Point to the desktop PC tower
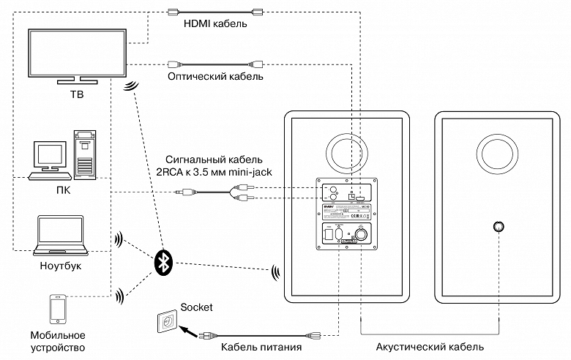(x=85, y=154)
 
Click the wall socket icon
(x=166, y=321)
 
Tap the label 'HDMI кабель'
(x=214, y=23)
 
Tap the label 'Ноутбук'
(x=61, y=266)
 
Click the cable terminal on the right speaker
(x=498, y=226)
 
